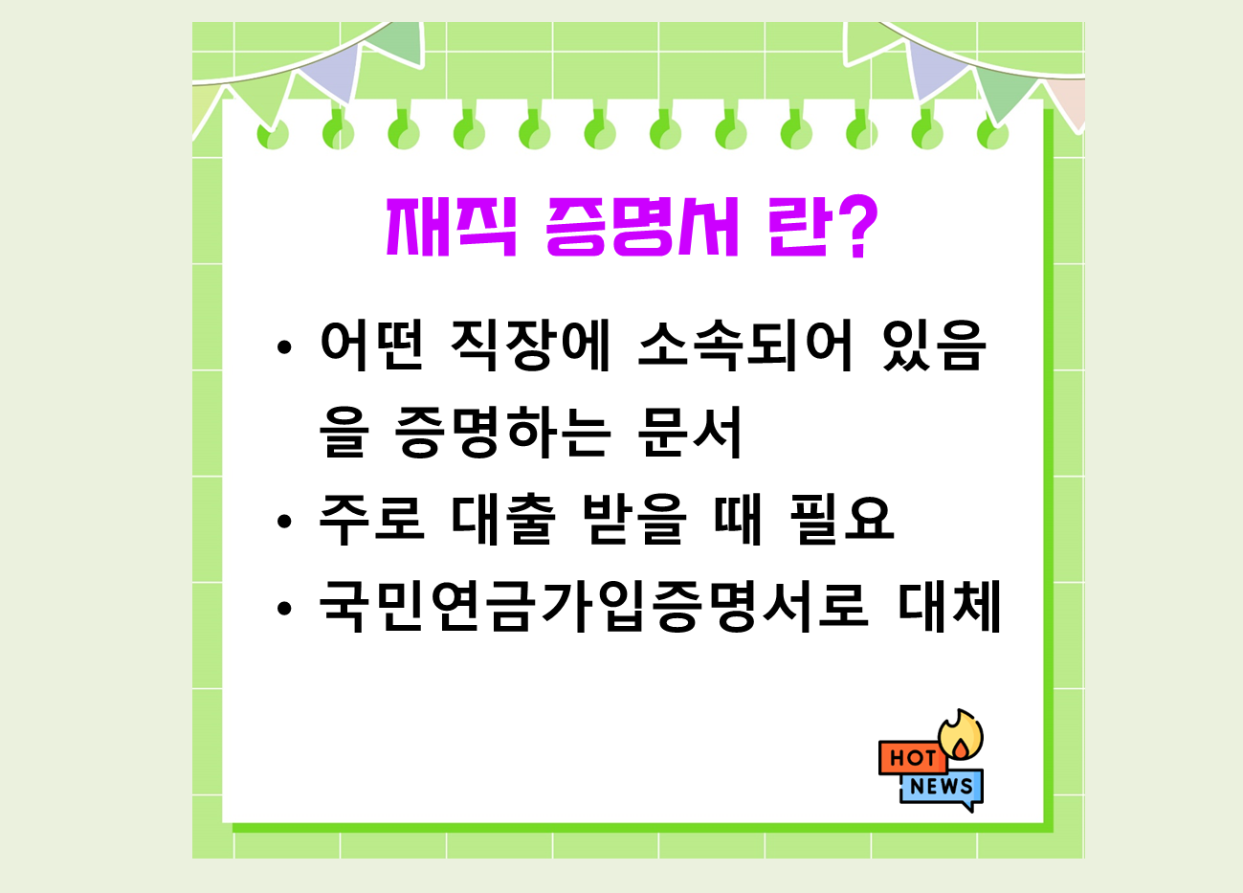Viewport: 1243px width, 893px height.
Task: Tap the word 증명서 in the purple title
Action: pos(642,228)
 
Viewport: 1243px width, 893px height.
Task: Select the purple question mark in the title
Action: pos(851,228)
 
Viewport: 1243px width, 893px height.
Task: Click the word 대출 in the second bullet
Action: pos(502,519)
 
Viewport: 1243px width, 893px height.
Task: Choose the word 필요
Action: pos(842,519)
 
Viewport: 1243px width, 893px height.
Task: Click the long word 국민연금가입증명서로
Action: pos(593,606)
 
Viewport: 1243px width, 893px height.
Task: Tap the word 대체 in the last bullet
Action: pos(949,606)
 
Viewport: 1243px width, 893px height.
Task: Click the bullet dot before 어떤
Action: pos(282,348)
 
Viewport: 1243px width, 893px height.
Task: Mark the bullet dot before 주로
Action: pos(282,522)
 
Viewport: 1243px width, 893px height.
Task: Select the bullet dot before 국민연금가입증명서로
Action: pos(282,609)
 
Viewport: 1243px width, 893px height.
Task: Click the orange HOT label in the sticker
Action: pos(912,758)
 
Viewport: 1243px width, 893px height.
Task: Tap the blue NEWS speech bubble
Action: pos(942,788)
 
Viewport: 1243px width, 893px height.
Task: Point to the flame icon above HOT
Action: pos(961,735)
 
